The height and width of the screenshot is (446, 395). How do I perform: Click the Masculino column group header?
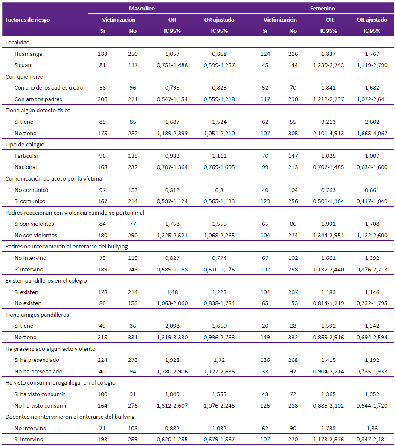(142, 8)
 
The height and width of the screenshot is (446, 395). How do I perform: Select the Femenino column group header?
(322, 8)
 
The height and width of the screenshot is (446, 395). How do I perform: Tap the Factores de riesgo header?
(28, 20)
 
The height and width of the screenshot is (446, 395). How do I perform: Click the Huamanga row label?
(28, 54)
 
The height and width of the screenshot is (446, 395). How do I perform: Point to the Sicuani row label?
(23, 65)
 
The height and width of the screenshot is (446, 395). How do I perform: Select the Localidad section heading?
(17, 42)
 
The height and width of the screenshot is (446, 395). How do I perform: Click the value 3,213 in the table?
(328, 122)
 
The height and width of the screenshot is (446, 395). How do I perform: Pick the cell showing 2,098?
(172, 326)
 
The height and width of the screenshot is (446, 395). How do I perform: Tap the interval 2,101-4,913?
(328, 133)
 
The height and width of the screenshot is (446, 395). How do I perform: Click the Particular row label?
(26, 156)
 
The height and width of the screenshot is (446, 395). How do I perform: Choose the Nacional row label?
(25, 167)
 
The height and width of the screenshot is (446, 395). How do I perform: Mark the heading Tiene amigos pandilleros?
(37, 315)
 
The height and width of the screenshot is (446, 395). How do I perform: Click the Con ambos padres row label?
(38, 99)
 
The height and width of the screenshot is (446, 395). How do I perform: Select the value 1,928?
(172, 360)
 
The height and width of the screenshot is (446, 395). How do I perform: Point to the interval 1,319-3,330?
(172, 337)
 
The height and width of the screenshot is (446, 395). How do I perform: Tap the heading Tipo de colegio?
(25, 145)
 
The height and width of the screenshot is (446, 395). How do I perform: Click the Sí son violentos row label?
(34, 224)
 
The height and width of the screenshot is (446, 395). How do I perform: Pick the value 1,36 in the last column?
(372, 428)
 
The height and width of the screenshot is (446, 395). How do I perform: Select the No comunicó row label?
(31, 190)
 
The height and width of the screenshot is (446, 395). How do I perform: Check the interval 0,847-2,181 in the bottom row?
(372, 440)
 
